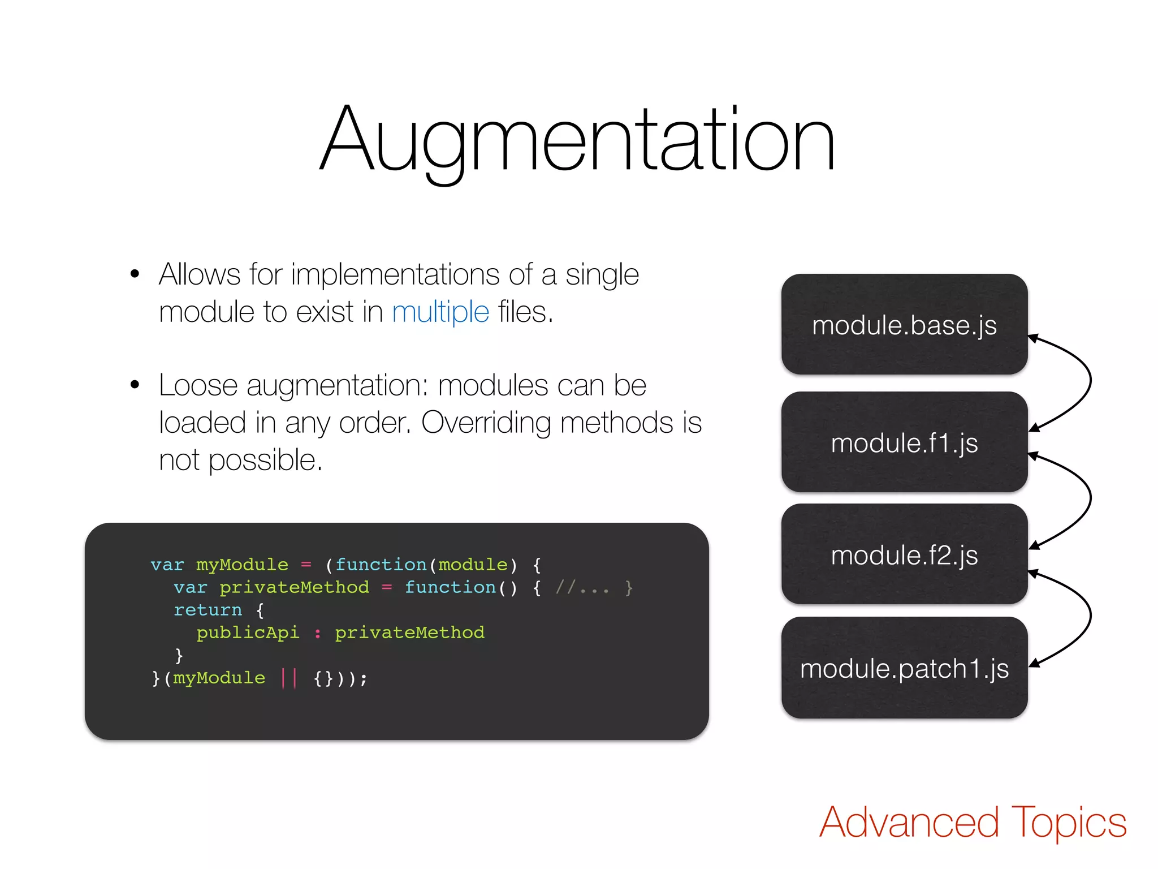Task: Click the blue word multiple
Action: pos(440,312)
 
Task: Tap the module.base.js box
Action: pos(904,325)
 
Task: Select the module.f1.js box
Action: pos(904,442)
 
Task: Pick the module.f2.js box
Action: pos(904,554)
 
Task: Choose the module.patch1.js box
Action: pos(904,668)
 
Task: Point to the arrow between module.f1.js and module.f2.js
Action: pos(1089,499)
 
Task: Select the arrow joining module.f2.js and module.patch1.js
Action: pos(1089,617)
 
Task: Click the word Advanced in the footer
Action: pos(909,823)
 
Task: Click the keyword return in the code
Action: pos(208,610)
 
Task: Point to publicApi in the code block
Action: pos(248,633)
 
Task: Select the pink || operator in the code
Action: pos(289,677)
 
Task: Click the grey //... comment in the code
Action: pos(582,588)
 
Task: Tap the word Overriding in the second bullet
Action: pos(486,423)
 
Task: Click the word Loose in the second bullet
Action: pos(198,386)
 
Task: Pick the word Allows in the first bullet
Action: pos(200,275)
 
